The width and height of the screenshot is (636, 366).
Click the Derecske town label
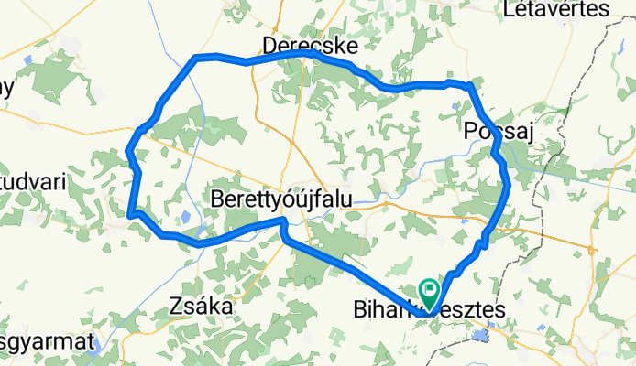click(309, 45)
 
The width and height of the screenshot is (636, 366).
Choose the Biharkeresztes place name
click(429, 311)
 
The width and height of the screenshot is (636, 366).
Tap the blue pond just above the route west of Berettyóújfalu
click(186, 217)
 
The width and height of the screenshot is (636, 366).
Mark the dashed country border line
click(587, 101)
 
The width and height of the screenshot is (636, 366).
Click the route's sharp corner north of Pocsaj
click(470, 85)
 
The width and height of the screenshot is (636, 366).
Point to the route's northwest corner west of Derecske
click(195, 59)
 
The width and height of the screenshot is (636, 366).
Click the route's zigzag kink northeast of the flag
click(481, 243)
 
